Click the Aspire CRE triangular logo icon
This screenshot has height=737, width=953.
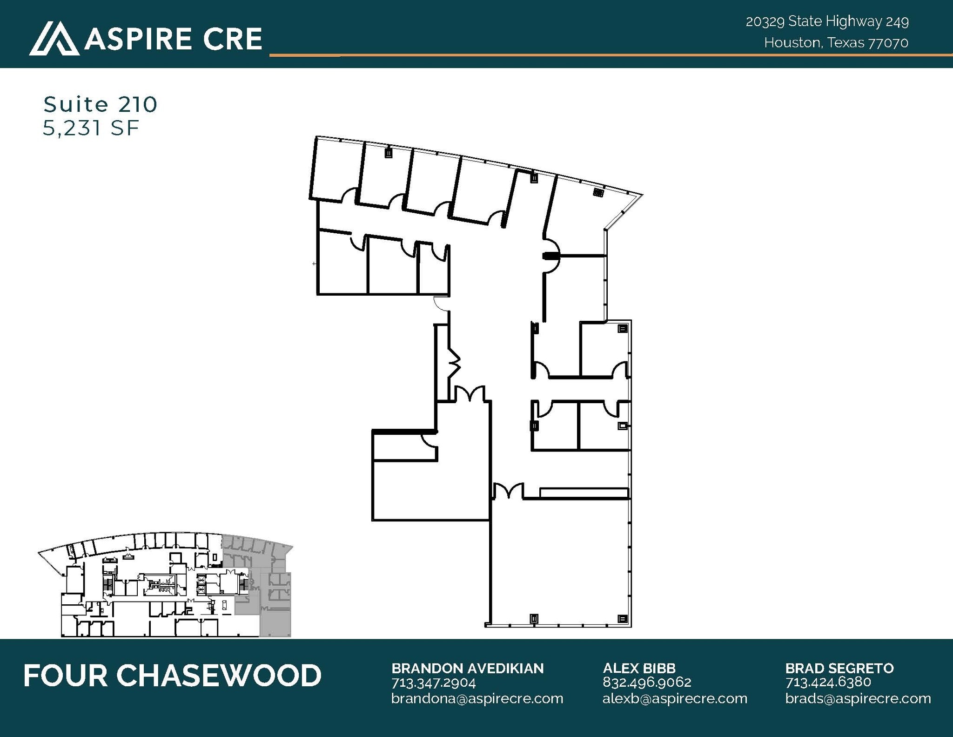[x=54, y=38]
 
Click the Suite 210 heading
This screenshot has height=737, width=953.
[x=101, y=104]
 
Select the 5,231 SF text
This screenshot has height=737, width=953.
[x=91, y=128]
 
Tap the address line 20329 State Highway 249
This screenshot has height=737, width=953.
[x=827, y=21]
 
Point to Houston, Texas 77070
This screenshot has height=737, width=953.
[x=836, y=43]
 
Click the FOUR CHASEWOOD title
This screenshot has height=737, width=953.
[x=172, y=676]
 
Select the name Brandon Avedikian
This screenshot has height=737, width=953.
[x=467, y=668]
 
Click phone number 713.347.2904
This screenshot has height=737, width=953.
[x=433, y=683]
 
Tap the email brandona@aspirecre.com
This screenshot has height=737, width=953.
[x=477, y=698]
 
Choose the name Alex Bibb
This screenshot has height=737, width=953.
[x=639, y=668]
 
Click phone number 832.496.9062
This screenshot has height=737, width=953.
[x=647, y=683]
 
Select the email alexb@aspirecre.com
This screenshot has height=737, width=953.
[x=675, y=698]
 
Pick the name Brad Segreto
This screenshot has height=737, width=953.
[x=839, y=668]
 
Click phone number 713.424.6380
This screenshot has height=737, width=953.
[x=828, y=683]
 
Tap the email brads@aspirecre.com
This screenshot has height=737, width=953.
[x=858, y=698]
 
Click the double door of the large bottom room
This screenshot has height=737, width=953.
[x=508, y=492]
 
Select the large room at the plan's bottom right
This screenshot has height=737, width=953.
[x=558, y=563]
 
